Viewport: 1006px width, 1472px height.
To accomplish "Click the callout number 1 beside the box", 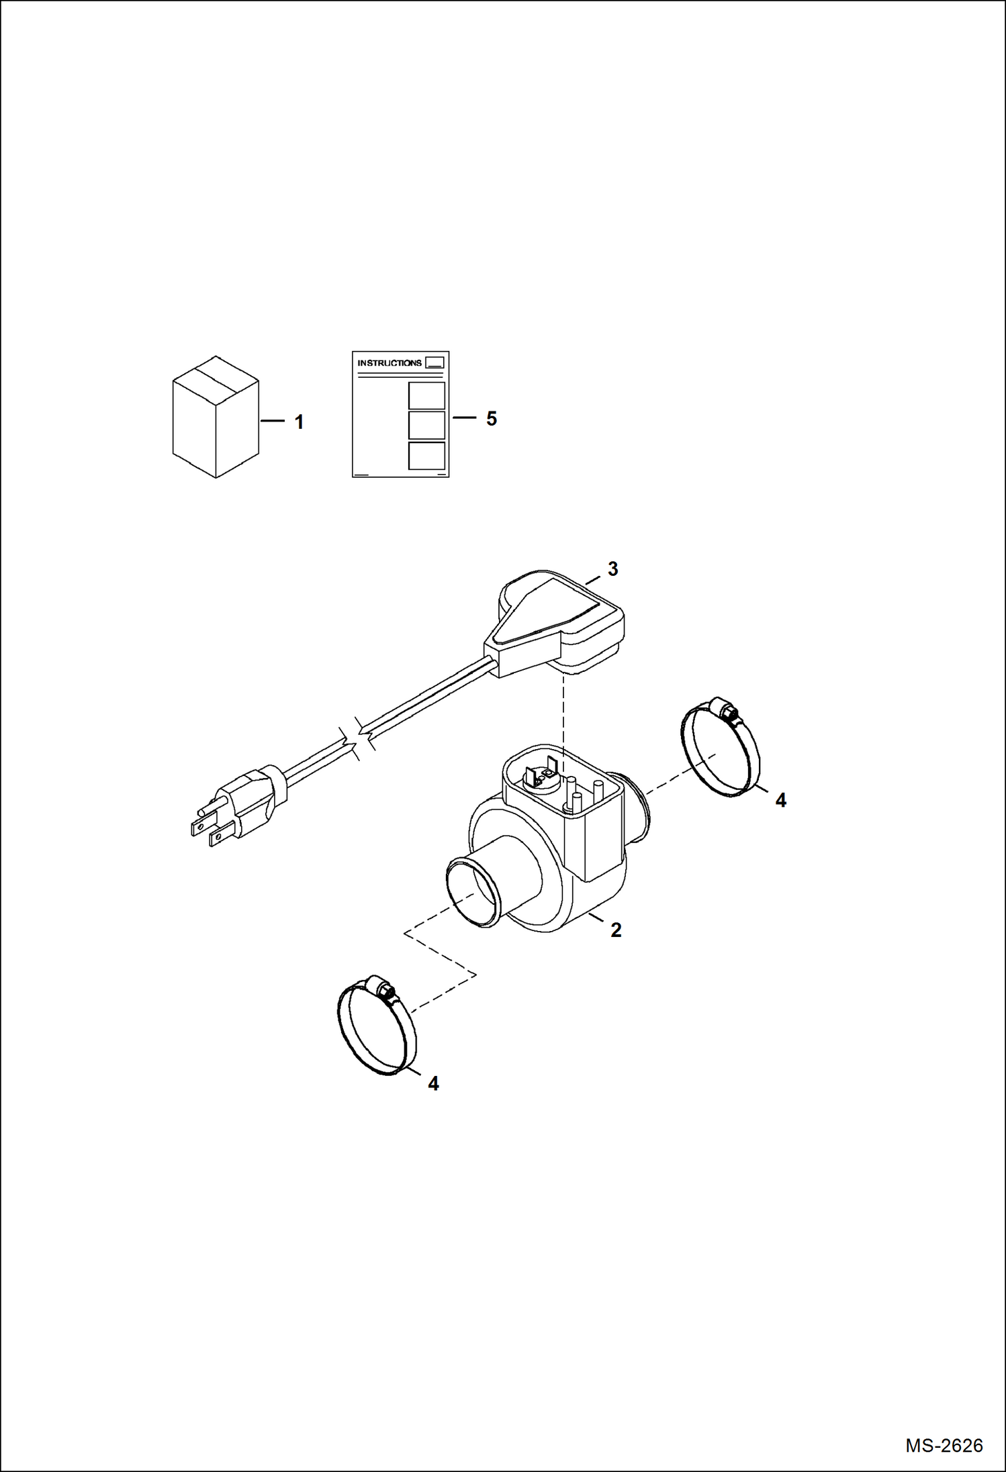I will pos(299,422).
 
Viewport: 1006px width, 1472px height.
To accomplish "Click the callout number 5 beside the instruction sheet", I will pos(492,419).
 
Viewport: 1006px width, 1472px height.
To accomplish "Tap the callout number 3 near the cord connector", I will pos(612,569).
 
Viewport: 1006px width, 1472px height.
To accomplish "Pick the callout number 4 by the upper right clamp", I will pos(780,800).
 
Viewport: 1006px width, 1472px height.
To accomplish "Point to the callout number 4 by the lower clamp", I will pos(433,1084).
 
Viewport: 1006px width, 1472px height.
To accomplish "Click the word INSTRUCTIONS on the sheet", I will pos(390,363).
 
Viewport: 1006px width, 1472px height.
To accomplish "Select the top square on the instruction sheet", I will pos(426,395).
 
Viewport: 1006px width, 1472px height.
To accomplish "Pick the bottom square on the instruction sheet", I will pos(426,455).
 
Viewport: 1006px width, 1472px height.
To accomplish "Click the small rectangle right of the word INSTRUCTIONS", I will pos(435,362).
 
